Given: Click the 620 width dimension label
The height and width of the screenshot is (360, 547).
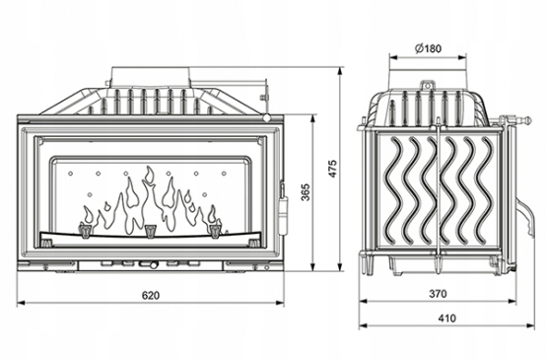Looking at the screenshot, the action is click(151, 296).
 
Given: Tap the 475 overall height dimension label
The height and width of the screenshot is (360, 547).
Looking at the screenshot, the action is click(333, 169).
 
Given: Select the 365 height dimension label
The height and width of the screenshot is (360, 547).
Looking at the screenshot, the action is click(306, 192).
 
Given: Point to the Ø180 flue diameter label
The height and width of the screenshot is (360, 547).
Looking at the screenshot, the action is click(428, 48).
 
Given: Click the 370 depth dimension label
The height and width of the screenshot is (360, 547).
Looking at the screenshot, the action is click(438, 294).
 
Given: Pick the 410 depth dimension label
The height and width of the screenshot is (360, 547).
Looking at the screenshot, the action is click(446, 319).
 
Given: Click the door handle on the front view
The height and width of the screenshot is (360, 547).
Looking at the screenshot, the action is click(283, 209).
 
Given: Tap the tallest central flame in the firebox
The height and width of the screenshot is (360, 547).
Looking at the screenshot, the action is click(150, 195).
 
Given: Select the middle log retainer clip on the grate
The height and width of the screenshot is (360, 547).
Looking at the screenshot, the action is click(150, 231).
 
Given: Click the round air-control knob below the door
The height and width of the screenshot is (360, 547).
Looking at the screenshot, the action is click(153, 264).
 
